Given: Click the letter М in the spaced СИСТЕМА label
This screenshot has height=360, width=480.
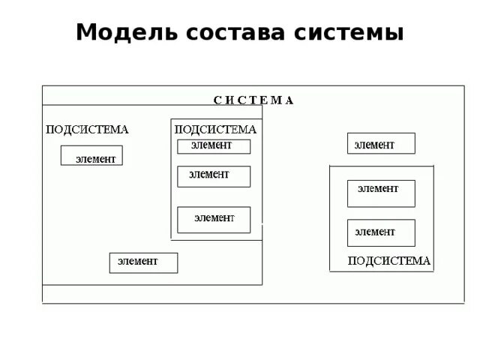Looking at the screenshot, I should [275, 100].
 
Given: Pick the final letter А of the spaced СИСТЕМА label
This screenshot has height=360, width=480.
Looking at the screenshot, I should [289, 100].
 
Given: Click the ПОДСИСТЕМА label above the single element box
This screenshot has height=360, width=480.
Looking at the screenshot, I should [87, 129].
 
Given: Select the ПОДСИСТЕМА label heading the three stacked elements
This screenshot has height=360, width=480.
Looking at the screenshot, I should [215, 129].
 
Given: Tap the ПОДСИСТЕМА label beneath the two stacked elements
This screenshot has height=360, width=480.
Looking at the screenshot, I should [389, 261].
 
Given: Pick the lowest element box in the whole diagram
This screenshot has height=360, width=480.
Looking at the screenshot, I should [143, 262].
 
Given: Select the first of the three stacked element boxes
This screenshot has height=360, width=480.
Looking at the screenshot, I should [213, 146].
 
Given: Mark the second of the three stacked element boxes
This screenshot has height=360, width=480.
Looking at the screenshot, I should [213, 176].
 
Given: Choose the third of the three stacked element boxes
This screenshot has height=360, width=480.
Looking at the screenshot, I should [213, 219].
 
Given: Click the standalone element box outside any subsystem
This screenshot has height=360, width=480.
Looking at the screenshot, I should [380, 143].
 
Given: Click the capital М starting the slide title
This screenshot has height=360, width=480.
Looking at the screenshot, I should [85, 33].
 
